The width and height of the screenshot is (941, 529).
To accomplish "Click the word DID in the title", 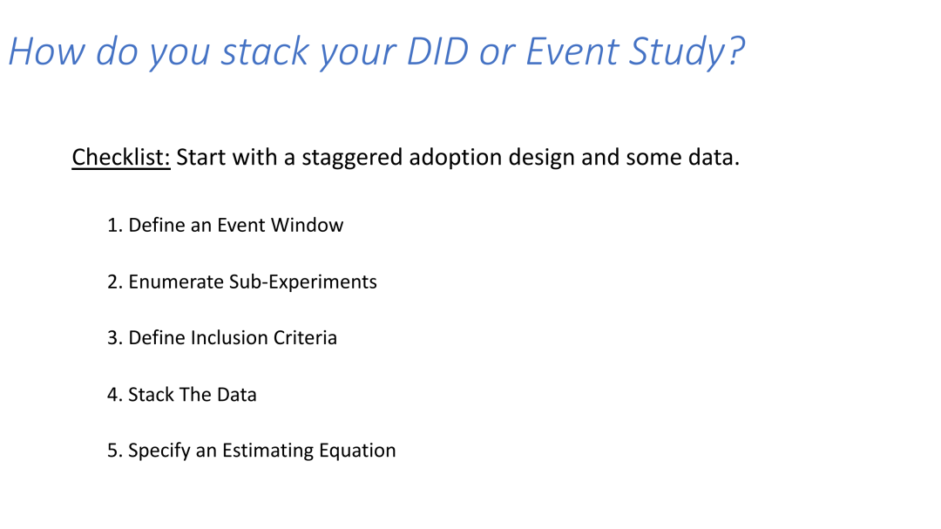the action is coord(437,51).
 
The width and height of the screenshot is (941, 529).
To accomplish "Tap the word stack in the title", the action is coord(265,51).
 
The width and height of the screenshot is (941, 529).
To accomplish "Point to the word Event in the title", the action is coord(572,51).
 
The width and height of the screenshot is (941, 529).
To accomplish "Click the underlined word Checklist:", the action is coord(121,158).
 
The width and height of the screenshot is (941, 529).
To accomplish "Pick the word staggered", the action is coord(352,159).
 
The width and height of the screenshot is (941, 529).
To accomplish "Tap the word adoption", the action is coord(456,159).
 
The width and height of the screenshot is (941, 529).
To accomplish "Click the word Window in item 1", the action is coord(307,225).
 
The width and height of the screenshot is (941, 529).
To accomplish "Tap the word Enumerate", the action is coord(176,282).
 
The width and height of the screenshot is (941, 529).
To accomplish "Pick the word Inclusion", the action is coord(229,338).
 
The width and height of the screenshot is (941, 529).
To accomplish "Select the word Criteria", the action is coord(305,338).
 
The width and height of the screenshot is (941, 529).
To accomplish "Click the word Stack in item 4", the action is coord(151,395).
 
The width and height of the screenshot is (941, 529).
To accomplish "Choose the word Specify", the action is coord(159,451).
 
